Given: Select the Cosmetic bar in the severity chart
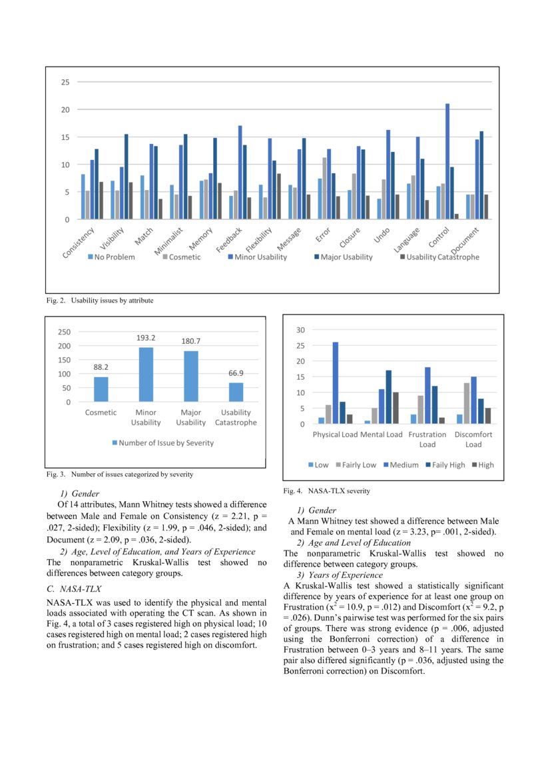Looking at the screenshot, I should coord(101,389).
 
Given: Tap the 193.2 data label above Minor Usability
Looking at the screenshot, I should coord(146,339).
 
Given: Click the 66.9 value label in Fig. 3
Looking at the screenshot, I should coord(235,374).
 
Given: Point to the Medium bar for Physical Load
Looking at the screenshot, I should coord(335,383).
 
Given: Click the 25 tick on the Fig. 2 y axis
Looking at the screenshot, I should coord(65,83).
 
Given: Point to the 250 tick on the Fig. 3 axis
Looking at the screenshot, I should coord(65,331).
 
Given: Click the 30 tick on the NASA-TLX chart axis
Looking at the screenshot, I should coord(301,330).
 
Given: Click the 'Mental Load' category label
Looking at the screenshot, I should coord(382,434).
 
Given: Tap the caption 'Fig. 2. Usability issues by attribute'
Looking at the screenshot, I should coord(100,301).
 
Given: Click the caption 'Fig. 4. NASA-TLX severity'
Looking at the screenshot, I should coord(326,491).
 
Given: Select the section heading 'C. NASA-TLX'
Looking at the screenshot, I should coord(69,589).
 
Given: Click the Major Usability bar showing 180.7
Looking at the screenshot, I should coord(191,376).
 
